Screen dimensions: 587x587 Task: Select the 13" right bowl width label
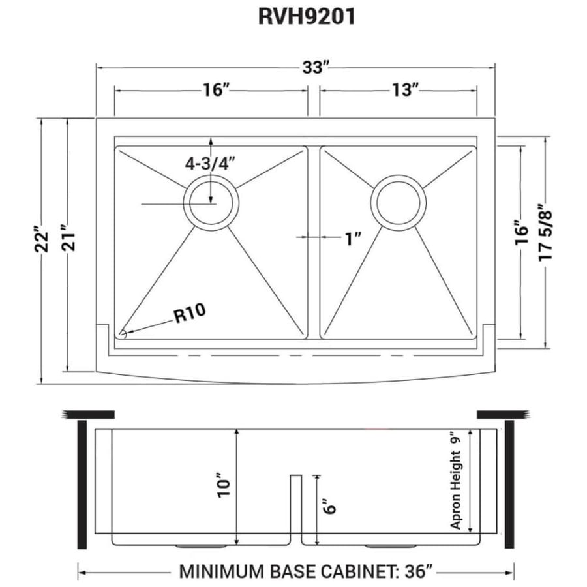(405, 90)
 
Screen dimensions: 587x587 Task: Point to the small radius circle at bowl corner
(121, 334)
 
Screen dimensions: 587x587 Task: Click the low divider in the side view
(295, 508)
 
